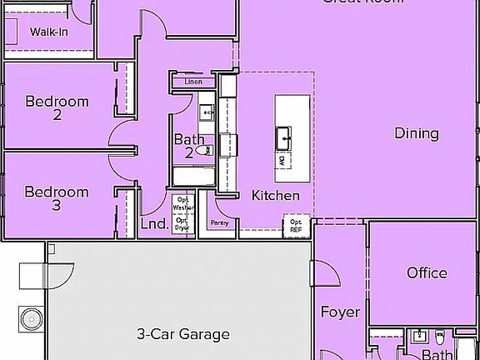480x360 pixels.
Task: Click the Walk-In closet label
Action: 48,32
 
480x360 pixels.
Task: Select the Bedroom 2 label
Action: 57,108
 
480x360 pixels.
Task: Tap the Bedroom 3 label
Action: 57,197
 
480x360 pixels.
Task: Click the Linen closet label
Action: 193,82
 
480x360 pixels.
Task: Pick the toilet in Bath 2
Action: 207,150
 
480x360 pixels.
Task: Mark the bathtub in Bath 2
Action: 192,177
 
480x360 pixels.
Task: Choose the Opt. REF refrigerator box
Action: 296,225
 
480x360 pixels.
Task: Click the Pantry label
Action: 220,222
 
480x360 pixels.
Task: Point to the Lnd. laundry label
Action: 154,224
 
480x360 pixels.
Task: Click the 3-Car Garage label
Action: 182,334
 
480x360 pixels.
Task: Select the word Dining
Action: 416,133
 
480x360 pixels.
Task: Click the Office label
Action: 427,272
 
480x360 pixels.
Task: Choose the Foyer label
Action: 341,312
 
